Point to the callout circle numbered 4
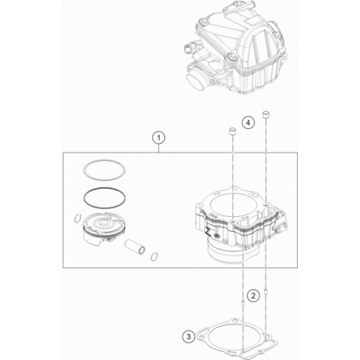248,123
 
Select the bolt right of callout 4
266,117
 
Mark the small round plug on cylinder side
208,233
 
